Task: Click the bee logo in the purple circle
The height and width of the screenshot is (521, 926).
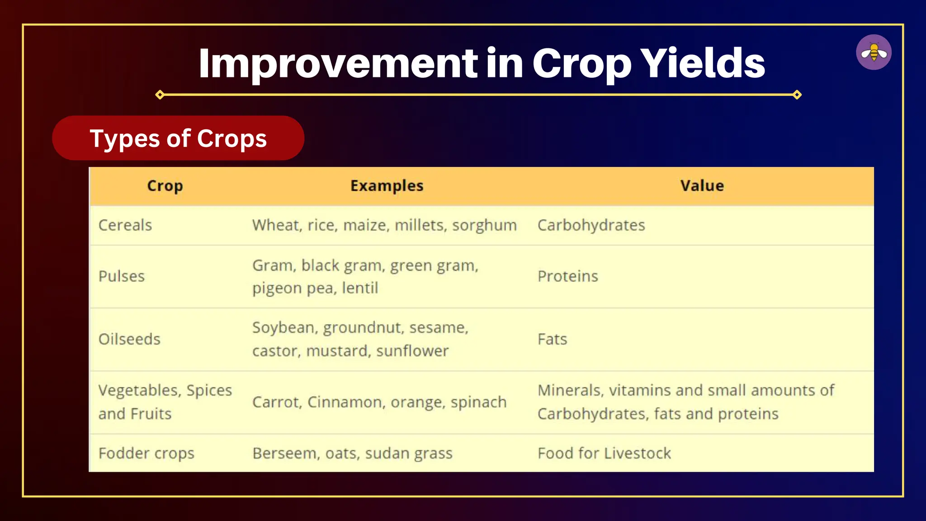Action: [x=874, y=52]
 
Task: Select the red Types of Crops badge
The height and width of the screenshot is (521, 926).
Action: [x=178, y=138]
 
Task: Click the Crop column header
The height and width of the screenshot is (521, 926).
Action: [x=165, y=186]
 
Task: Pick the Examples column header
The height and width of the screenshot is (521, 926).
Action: [x=387, y=186]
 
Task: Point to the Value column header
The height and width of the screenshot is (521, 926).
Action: [x=702, y=186]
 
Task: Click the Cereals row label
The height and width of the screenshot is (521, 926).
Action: [x=125, y=225]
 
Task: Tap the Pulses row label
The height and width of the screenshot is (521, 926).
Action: [x=122, y=276]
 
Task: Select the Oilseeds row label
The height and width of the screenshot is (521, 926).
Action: [x=129, y=339]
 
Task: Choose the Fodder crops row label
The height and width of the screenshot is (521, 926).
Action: [x=146, y=453]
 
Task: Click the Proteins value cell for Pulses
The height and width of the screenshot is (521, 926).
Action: [x=567, y=276]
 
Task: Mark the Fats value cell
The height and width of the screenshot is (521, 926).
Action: [x=552, y=339]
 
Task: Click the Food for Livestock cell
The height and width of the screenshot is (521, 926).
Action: [x=604, y=453]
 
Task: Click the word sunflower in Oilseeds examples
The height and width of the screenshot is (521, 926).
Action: [x=412, y=351]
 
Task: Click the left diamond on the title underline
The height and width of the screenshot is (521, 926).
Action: [x=160, y=95]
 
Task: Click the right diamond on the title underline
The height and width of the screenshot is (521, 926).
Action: [x=797, y=95]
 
